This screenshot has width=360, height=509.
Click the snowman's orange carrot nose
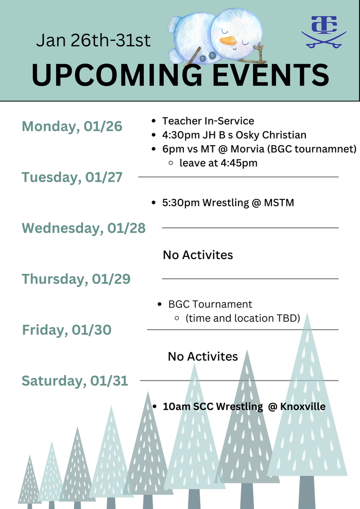[228, 41]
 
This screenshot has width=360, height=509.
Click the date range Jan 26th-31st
[93, 41]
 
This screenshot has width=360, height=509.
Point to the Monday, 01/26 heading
[72, 126]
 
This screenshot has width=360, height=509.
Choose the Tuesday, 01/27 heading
[72, 177]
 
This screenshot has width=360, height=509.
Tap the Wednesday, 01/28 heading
[84, 228]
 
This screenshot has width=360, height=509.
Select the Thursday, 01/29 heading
[76, 279]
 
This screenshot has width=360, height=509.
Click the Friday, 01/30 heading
[67, 330]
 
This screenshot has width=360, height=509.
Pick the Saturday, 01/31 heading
[75, 381]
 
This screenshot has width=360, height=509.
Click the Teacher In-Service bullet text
[208, 121]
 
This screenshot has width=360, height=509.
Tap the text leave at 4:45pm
[218, 163]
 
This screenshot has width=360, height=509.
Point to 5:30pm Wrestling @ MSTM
[228, 203]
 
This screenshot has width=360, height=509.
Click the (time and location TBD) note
[243, 318]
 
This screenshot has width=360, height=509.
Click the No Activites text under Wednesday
[198, 255]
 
